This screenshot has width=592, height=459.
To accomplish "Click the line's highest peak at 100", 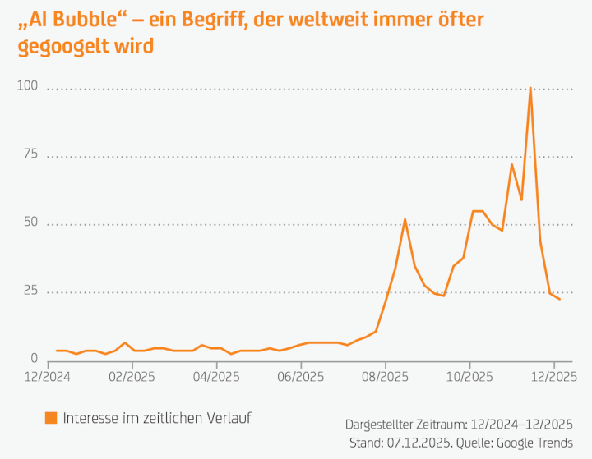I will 530,88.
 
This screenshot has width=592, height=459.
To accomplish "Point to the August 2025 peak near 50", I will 405,219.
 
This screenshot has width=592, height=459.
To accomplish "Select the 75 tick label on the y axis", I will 30,154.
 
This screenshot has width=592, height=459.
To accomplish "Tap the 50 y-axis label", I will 30,222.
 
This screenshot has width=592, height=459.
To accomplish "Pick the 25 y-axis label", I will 30,290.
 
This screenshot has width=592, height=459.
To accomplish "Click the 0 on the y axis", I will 34,358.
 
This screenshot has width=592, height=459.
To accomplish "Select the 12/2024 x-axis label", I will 47,378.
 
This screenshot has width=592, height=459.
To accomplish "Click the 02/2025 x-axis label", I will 132,378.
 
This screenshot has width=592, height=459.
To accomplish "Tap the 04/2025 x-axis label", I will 216,378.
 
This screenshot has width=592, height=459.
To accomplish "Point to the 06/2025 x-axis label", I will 301,378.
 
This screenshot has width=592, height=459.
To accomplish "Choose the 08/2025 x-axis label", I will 386,378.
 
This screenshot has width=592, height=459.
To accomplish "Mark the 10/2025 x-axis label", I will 469,378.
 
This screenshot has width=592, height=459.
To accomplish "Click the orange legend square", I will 51,418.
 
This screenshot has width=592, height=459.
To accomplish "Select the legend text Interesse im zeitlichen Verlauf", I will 156,418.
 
